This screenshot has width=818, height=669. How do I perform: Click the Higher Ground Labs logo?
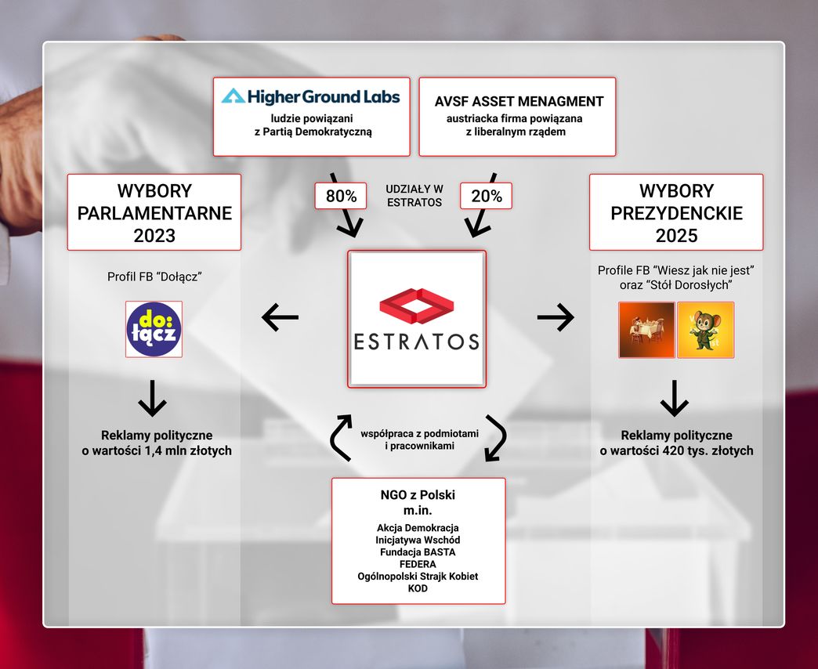pyautogui.click(x=311, y=96)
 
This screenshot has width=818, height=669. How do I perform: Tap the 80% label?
pyautogui.click(x=341, y=197)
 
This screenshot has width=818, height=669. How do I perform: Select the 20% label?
pyautogui.click(x=487, y=197)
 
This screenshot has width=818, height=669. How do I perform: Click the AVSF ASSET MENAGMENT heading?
pyautogui.click(x=519, y=101)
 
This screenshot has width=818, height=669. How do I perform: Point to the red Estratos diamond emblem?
pyautogui.click(x=417, y=306)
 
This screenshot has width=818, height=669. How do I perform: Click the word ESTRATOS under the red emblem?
pyautogui.click(x=417, y=342)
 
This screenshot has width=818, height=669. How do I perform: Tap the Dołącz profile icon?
pyautogui.click(x=154, y=329)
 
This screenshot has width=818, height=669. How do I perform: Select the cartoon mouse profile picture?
pyautogui.click(x=705, y=330)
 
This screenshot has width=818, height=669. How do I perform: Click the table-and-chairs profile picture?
pyautogui.click(x=646, y=330)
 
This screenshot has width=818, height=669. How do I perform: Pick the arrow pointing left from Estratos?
pyautogui.click(x=280, y=317)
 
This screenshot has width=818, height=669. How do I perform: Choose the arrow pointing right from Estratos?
pyautogui.click(x=556, y=317)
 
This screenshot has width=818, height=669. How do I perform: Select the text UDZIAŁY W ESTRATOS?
pyautogui.click(x=414, y=196)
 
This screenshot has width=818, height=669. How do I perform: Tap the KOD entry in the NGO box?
pyautogui.click(x=418, y=588)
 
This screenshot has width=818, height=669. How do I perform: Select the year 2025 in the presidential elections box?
pyautogui.click(x=676, y=234)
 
